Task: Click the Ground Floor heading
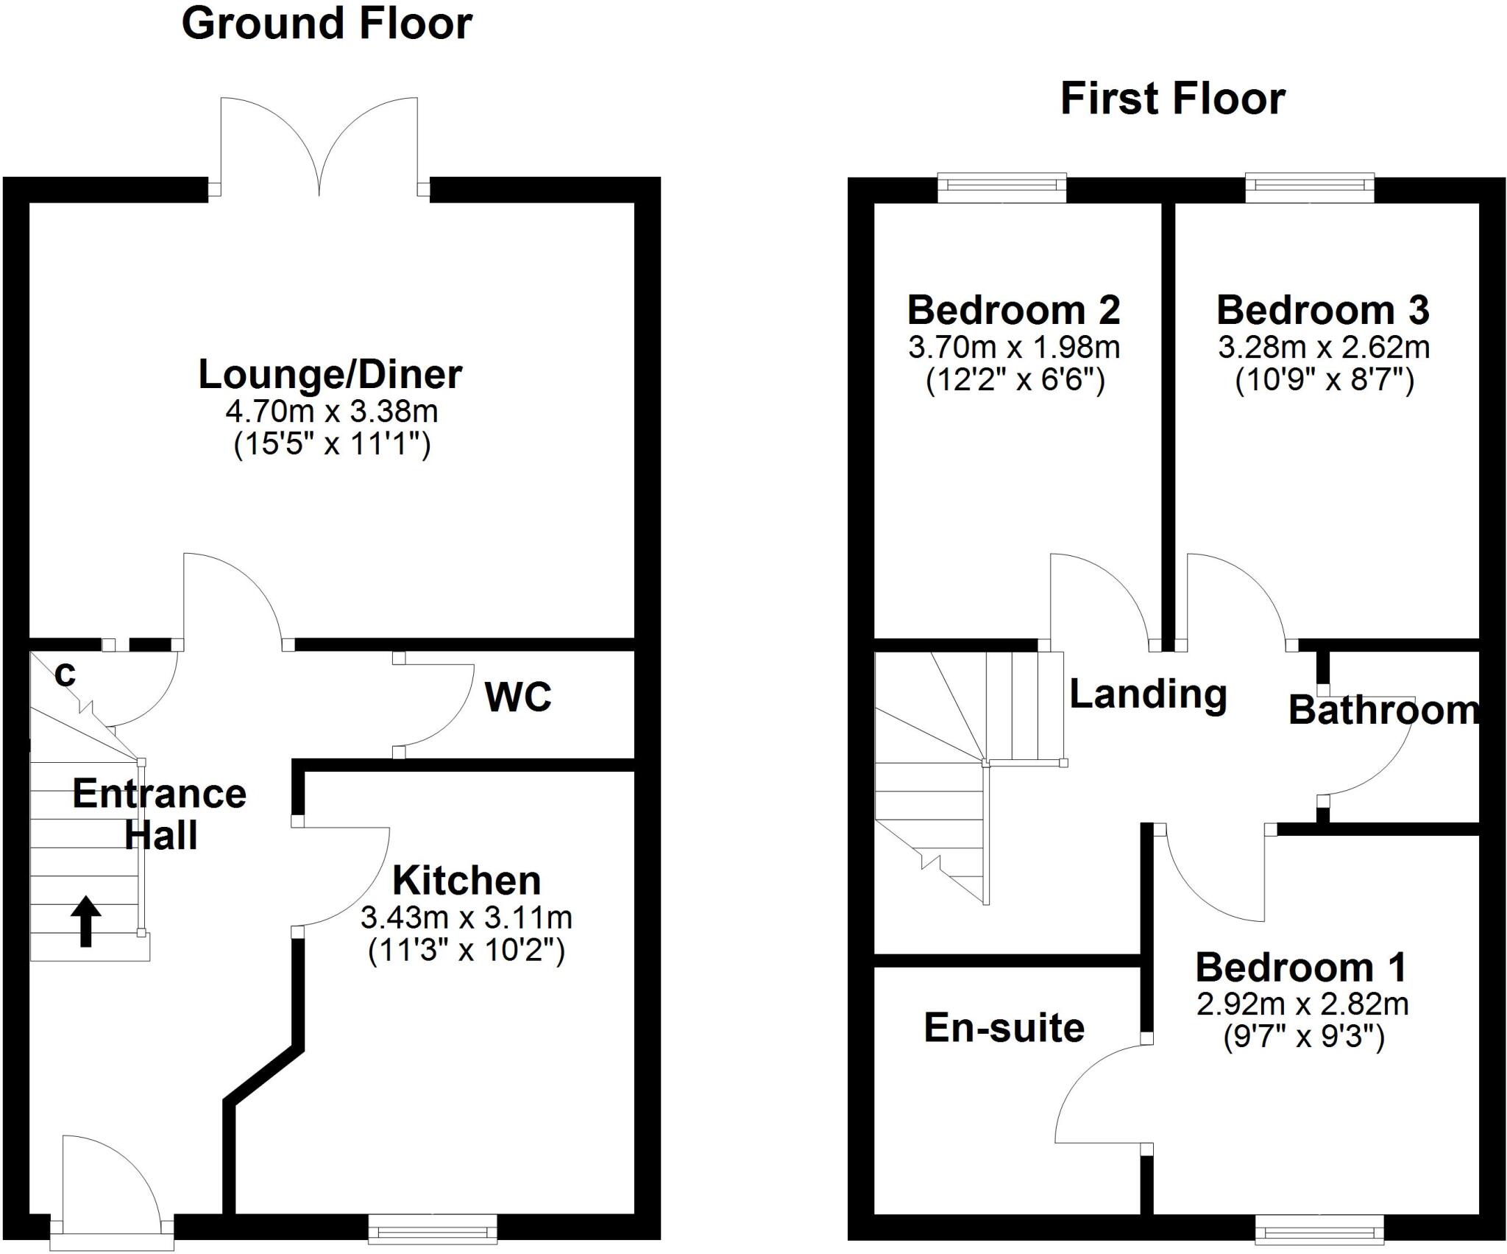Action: (326, 24)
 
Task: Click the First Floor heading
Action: (1172, 99)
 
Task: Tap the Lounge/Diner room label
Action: (330, 375)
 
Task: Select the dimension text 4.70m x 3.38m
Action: (332, 411)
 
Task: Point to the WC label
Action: (518, 697)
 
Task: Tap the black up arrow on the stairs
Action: (86, 920)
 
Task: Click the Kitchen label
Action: (467, 881)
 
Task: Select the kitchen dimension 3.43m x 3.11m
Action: (467, 917)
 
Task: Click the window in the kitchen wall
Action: (432, 1225)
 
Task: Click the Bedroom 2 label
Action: (1014, 311)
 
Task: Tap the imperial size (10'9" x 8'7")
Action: (1324, 381)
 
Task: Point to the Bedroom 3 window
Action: (1309, 188)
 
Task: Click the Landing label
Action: (1148, 694)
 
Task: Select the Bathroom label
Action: (1383, 711)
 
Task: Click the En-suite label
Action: (1004, 1028)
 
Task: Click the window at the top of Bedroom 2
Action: (1001, 188)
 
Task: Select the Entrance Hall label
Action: (160, 814)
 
